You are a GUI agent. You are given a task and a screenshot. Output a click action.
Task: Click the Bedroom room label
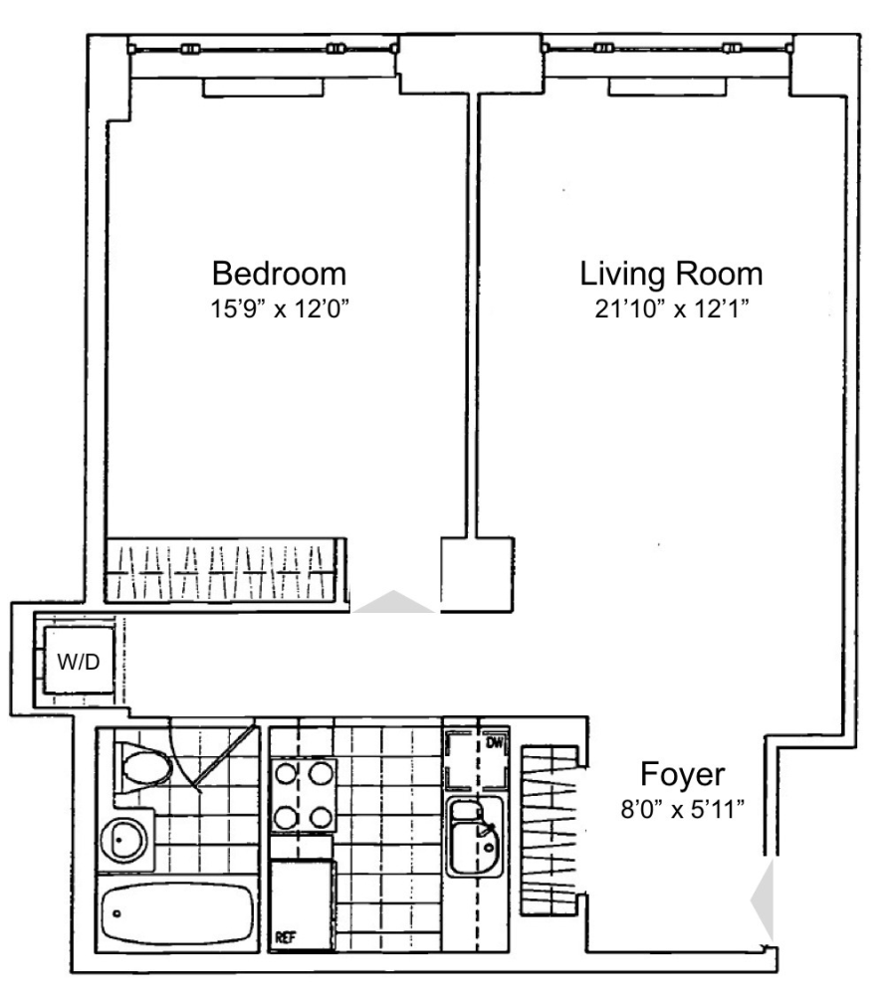click(x=279, y=274)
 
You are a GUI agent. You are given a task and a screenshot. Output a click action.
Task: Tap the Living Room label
click(x=671, y=274)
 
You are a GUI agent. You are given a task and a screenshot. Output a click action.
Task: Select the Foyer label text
click(x=683, y=775)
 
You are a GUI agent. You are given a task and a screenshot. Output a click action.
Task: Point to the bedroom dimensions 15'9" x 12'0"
click(x=280, y=309)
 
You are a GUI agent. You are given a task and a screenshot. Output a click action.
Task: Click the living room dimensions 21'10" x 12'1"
click(x=672, y=309)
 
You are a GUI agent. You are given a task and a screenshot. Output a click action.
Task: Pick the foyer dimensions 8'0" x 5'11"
click(x=683, y=810)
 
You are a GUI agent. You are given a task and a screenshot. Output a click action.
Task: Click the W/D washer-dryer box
click(x=79, y=662)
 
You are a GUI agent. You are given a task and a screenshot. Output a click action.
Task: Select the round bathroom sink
click(x=124, y=840)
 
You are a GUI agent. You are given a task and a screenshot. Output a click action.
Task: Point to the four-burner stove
click(x=303, y=795)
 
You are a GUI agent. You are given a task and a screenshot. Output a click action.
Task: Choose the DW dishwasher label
click(x=494, y=743)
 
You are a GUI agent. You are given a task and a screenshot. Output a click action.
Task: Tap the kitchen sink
click(x=474, y=837)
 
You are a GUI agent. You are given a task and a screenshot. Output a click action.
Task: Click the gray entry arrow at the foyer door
click(x=763, y=899)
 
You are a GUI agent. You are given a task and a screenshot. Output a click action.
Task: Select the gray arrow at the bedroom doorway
click(x=393, y=602)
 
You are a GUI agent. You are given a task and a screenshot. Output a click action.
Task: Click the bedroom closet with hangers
click(x=225, y=570)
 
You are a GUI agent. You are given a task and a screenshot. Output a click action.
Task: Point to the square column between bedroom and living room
click(x=477, y=575)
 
